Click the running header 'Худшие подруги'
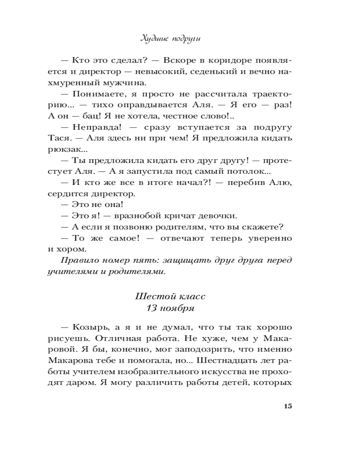coord(170,39)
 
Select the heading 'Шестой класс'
coord(170,297)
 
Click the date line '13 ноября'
coord(170,308)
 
